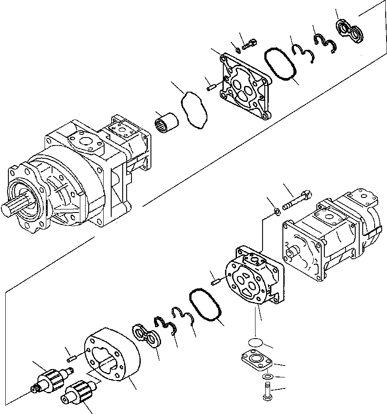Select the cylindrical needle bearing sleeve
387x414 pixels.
pos(167,120)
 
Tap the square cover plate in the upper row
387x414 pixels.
pos(244,84)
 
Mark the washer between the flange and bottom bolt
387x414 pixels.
pos(266,377)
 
